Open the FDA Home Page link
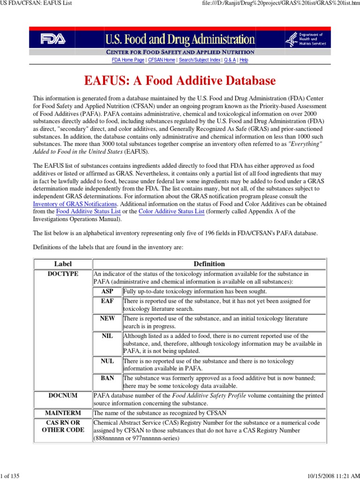tap(128, 60)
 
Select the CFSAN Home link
tap(162, 60)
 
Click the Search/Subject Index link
tap(200, 60)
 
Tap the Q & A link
tap(230, 60)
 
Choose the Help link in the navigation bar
tap(244, 60)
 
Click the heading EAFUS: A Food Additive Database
tap(180, 81)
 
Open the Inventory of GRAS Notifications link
tap(75, 204)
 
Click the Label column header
tap(63, 264)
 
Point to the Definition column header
tap(209, 264)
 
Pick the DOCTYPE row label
tap(63, 273)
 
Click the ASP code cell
tap(107, 291)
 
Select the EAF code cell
tap(107, 301)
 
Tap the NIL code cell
tap(107, 336)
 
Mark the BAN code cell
tap(107, 378)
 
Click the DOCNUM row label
tap(63, 396)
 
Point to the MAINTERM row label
tap(63, 413)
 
